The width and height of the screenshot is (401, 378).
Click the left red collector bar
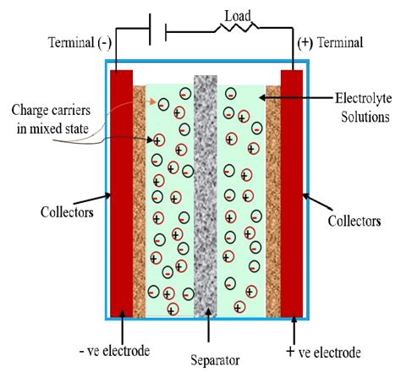point(122,191)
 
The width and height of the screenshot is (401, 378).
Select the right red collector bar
point(292,191)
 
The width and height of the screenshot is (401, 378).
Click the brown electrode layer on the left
point(140,200)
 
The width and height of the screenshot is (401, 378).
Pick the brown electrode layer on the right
point(272,200)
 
